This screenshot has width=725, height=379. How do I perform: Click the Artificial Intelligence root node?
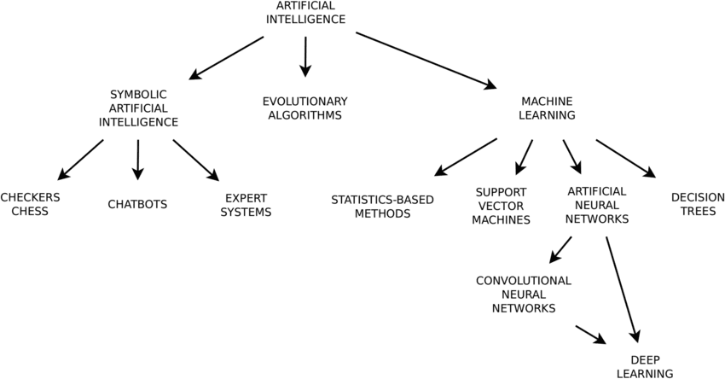tap(305, 12)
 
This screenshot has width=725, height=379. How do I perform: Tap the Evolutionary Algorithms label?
tap(304, 108)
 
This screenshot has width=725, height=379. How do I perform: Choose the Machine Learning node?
tap(547, 108)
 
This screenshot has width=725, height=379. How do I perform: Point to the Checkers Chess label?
tap(30, 204)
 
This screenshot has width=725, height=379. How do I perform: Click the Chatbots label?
tap(137, 204)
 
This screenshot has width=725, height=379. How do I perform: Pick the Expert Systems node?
tap(246, 204)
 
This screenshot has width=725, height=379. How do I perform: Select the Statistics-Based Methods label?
tap(383, 206)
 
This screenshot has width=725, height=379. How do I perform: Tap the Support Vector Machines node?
tap(502, 206)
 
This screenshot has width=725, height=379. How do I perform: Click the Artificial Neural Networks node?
tap(597, 204)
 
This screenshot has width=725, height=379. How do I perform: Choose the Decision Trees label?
tap(698, 204)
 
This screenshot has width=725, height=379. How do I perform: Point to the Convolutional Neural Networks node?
tap(524, 294)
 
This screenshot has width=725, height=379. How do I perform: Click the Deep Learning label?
tap(646, 365)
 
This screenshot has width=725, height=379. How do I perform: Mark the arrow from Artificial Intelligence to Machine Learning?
tap(426, 60)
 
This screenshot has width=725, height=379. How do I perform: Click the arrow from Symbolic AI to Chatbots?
tap(138, 160)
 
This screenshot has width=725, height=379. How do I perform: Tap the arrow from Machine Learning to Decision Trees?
tap(625, 158)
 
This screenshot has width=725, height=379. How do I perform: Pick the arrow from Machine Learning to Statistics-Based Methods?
tap(466, 157)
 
